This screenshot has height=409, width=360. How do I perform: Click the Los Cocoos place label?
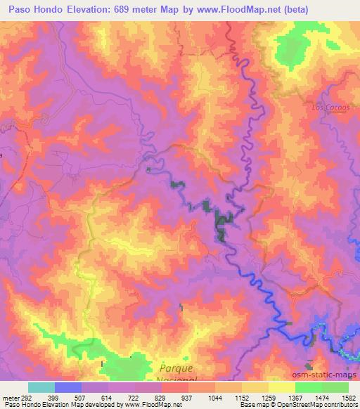tap(329, 108)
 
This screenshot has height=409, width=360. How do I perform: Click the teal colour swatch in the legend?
tap(41, 387)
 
